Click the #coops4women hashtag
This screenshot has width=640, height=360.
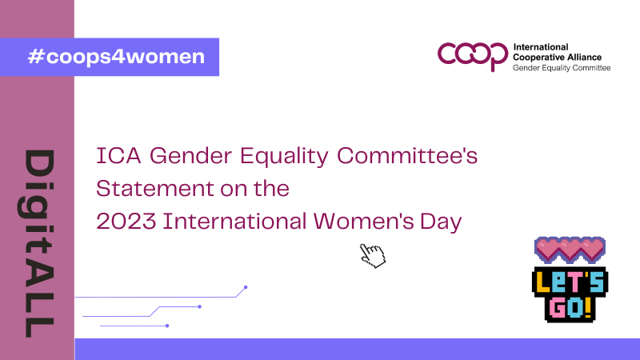(115, 57)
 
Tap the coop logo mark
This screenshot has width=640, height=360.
(472, 55)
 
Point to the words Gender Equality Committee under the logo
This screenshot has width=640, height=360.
(561, 68)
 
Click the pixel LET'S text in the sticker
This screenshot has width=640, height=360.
(570, 281)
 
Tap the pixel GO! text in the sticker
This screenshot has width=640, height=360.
(570, 307)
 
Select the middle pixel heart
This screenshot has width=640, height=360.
(570, 249)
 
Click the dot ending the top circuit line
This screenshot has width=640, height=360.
(246, 286)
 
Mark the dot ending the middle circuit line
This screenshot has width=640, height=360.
(199, 306)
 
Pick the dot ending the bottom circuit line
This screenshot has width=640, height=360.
(166, 326)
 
